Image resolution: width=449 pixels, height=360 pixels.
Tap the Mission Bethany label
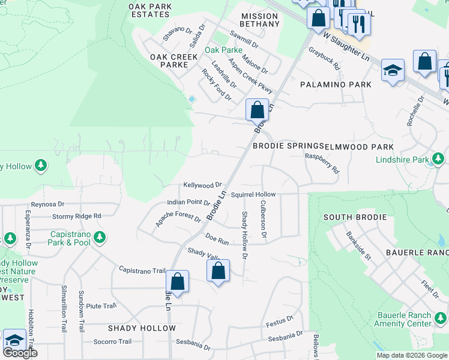[x=260, y=20]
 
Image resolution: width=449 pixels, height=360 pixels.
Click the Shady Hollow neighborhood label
[x=142, y=328]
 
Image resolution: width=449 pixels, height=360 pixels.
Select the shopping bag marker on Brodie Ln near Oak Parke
[x=257, y=110]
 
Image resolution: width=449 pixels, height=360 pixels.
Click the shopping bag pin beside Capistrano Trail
[x=177, y=281]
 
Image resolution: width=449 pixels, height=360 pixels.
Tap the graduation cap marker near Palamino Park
[x=393, y=70]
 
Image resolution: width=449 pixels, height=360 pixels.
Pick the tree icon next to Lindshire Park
[x=438, y=160]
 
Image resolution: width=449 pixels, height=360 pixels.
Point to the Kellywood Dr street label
[x=203, y=185]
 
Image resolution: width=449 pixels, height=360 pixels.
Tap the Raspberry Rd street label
[x=322, y=163]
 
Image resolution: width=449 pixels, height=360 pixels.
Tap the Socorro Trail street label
[x=112, y=341]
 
